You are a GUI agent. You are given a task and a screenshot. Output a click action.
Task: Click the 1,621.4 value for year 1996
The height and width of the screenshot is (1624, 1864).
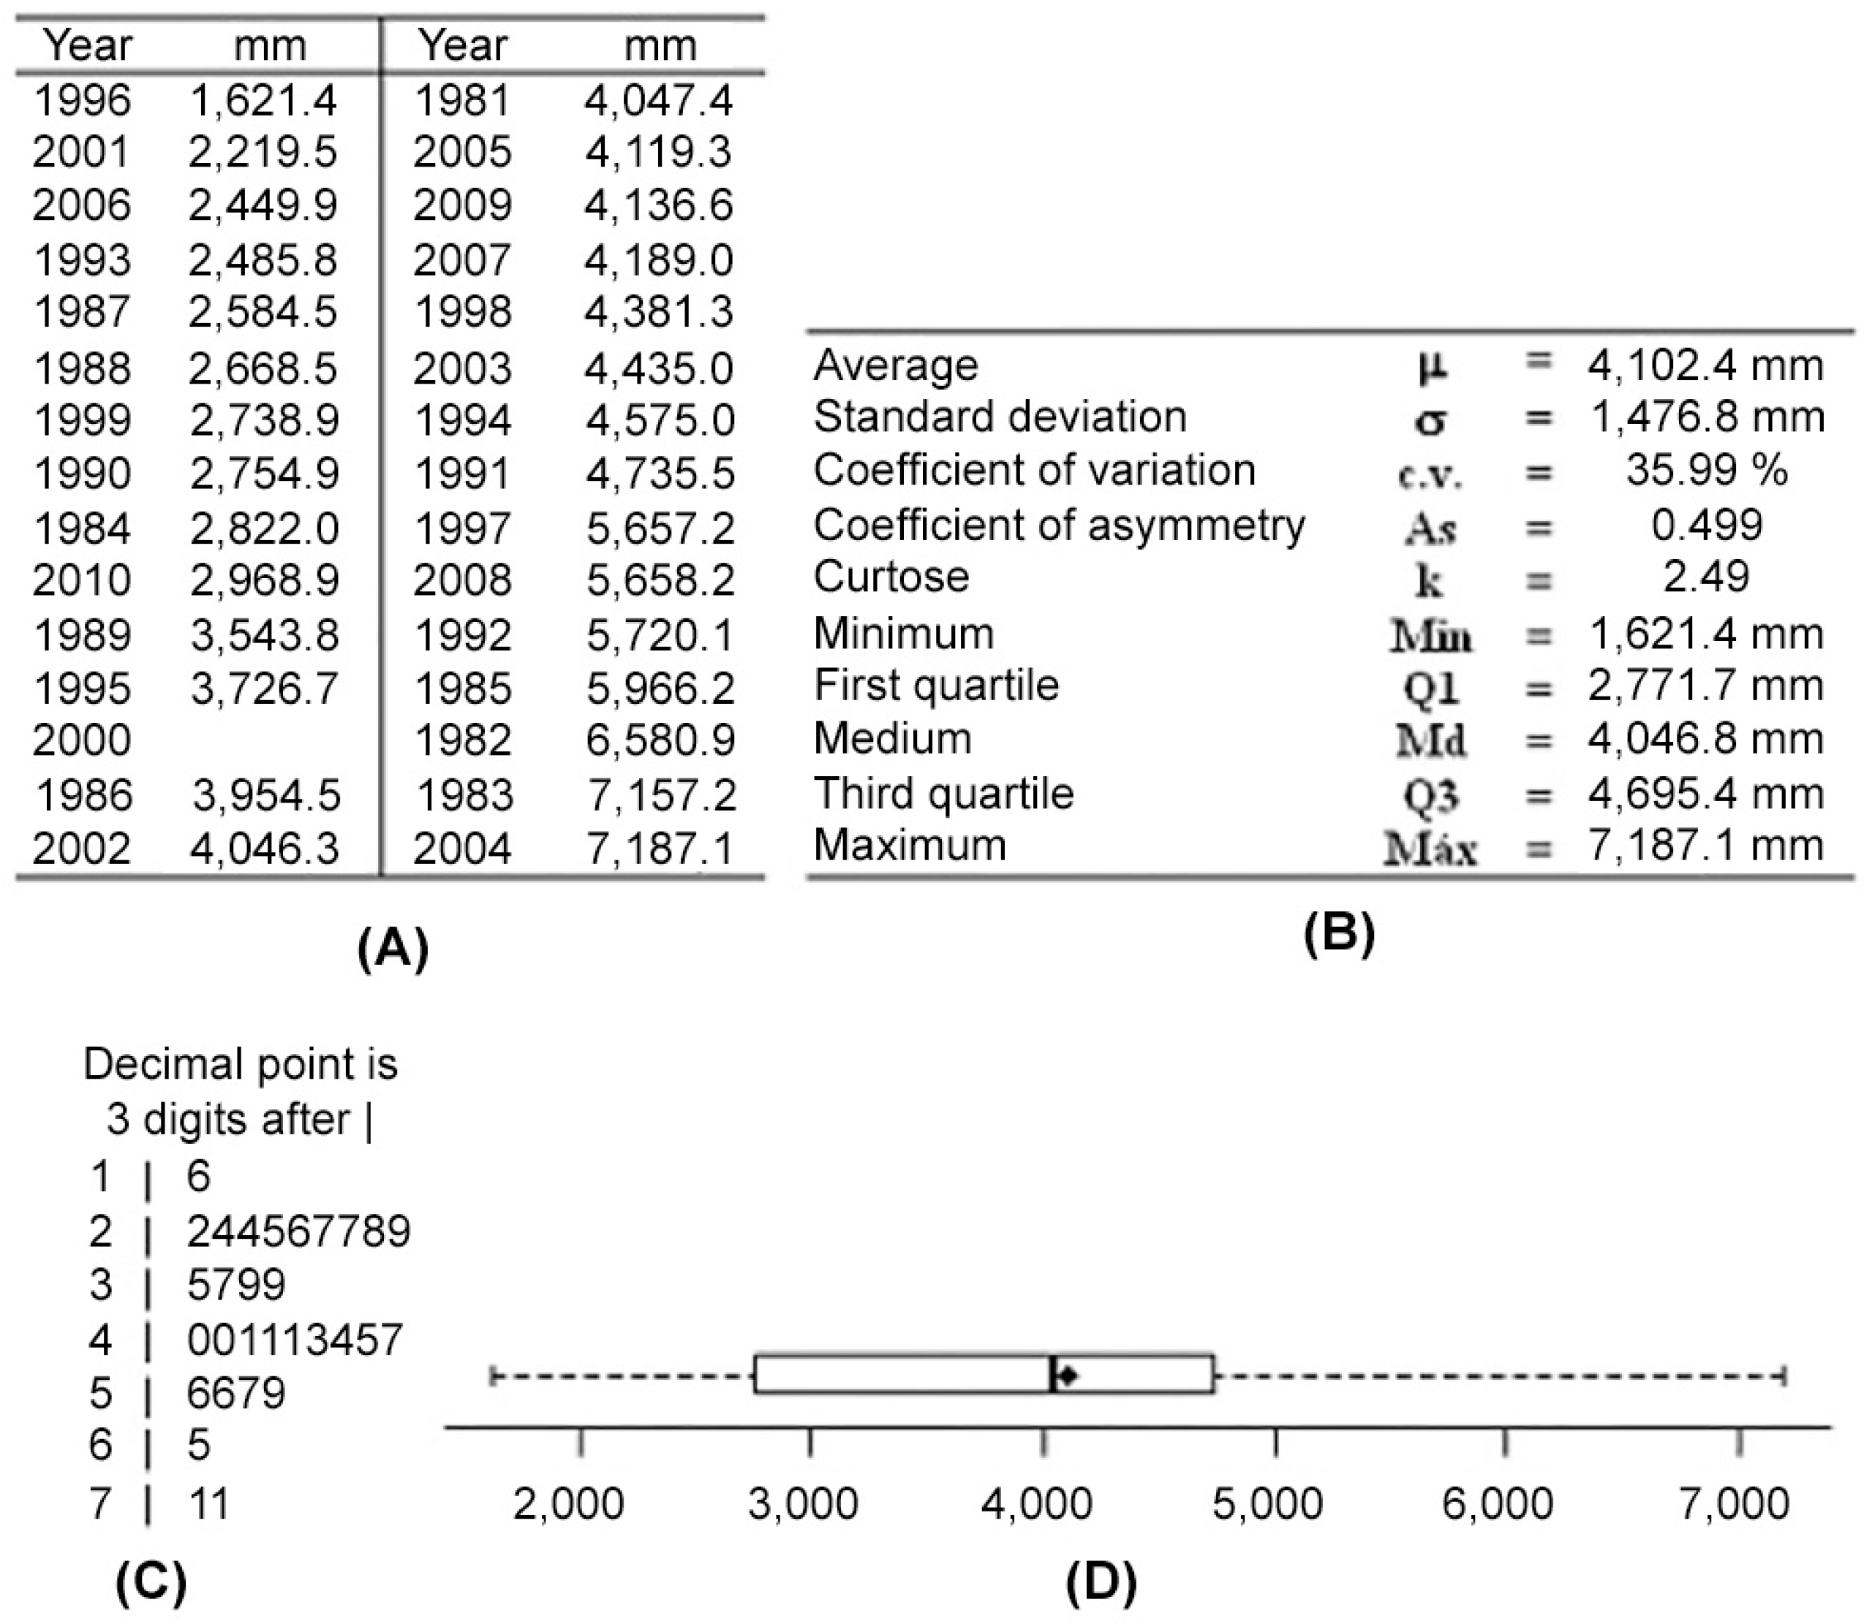click(x=263, y=99)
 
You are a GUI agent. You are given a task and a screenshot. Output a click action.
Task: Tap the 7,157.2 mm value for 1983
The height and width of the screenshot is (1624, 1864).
click(x=661, y=794)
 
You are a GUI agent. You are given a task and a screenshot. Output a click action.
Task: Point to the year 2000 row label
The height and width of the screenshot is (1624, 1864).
click(x=82, y=740)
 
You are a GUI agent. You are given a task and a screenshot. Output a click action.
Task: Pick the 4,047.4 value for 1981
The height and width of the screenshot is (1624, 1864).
click(x=658, y=99)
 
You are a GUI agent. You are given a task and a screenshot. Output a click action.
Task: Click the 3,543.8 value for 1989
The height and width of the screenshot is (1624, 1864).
click(x=265, y=634)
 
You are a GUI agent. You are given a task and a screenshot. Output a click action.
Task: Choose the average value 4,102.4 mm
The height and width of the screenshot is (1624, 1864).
click(x=1705, y=365)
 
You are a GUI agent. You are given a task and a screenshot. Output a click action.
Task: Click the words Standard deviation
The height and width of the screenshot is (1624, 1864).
click(x=1000, y=417)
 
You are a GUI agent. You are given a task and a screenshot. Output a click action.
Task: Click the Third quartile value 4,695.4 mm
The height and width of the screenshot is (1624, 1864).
click(x=1705, y=794)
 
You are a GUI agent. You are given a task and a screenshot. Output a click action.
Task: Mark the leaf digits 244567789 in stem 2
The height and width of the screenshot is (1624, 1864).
click(x=298, y=1232)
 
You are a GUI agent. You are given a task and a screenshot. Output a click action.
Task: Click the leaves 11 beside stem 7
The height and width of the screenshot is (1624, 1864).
click(x=208, y=1503)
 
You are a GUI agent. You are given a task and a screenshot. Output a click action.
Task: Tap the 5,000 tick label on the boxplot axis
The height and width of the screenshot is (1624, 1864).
click(x=1267, y=1504)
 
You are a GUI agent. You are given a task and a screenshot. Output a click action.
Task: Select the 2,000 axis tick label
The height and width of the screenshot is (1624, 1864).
click(x=568, y=1504)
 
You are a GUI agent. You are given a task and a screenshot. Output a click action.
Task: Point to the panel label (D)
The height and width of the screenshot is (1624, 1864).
click(x=1101, y=1582)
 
